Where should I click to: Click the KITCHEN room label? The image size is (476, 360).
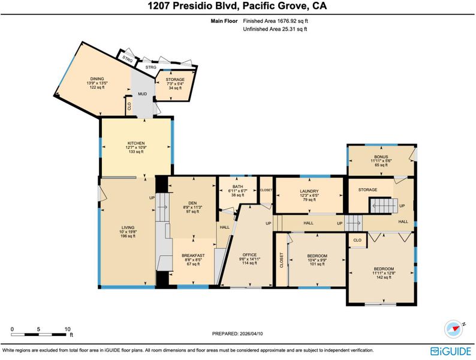(136, 143)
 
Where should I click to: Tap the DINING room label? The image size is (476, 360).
(97, 79)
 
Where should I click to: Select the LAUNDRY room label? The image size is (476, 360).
(309, 191)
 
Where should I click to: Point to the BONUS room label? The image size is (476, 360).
(381, 157)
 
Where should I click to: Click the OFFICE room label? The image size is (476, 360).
(249, 255)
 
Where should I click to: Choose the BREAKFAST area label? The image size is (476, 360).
(193, 256)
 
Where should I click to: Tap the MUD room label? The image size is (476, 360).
(142, 94)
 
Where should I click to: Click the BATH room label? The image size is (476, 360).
(237, 187)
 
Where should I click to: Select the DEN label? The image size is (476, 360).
(192, 203)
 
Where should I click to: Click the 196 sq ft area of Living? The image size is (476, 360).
(128, 236)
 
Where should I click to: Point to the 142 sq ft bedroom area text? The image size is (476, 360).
(384, 277)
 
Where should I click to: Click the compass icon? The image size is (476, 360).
(454, 329)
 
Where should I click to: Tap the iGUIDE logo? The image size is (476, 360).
(451, 351)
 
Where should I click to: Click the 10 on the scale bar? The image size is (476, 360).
(67, 329)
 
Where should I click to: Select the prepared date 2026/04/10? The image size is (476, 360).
(251, 334)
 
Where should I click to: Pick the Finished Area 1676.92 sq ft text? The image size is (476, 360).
(276, 21)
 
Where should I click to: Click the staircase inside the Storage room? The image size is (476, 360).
(384, 206)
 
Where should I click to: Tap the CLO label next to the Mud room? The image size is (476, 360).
(129, 106)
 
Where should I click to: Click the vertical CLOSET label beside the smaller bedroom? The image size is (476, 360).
(281, 260)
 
